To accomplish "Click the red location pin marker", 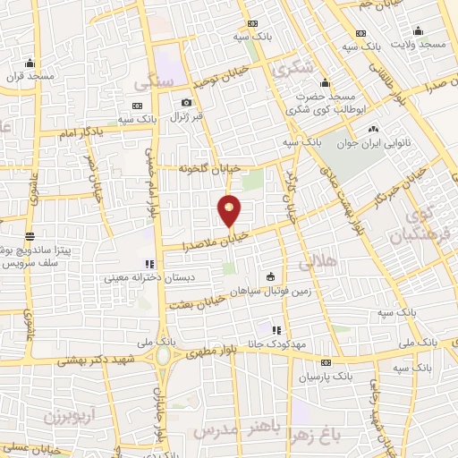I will coord(230,209).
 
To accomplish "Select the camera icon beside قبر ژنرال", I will coord(185,102).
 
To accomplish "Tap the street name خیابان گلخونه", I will coord(210,167).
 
